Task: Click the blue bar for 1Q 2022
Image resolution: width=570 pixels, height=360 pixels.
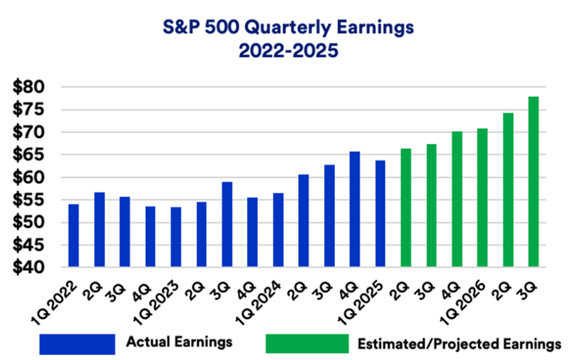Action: coord(73,235)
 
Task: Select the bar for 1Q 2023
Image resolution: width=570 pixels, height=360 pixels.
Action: coord(176,237)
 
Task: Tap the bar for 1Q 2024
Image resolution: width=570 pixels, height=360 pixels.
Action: coord(278,230)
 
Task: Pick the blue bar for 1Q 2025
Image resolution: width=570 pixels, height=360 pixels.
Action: coord(380,213)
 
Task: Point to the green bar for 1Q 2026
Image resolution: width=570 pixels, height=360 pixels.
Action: coord(482,197)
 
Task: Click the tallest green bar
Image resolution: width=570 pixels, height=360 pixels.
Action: coord(534,182)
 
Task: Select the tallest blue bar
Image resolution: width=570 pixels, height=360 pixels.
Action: coord(355,209)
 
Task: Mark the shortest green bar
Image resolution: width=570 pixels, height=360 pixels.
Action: coord(405,207)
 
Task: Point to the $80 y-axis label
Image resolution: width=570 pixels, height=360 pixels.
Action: coord(28,87)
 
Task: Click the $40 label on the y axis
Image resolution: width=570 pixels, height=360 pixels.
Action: coord(28,267)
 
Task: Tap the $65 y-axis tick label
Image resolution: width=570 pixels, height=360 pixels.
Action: coord(28,155)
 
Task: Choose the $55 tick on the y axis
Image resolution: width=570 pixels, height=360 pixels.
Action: coord(28,200)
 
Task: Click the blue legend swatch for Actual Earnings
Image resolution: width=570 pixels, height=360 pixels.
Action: coord(77,344)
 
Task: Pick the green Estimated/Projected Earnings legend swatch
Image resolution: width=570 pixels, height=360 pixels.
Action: coord(307,344)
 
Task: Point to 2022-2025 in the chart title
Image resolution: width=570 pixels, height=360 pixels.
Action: coord(289,51)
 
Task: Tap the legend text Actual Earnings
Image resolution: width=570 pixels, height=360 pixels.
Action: coord(180,341)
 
